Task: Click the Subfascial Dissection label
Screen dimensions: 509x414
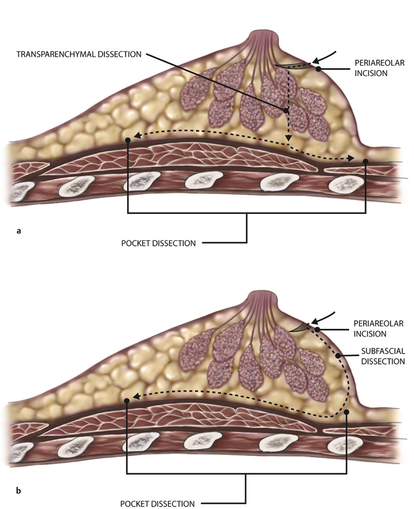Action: (383, 357)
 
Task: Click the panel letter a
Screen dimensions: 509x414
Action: (18, 231)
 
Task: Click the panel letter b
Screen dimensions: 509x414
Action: (18, 491)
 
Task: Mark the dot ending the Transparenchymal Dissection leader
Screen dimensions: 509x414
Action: (286, 110)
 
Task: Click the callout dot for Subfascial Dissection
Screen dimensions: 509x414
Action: (338, 356)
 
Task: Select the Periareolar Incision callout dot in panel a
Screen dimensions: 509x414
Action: (318, 69)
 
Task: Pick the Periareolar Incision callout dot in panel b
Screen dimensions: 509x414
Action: (317, 329)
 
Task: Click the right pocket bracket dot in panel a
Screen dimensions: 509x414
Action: (366, 161)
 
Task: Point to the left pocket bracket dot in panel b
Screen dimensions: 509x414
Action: (126, 400)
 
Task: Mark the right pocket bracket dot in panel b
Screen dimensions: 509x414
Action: (346, 412)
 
